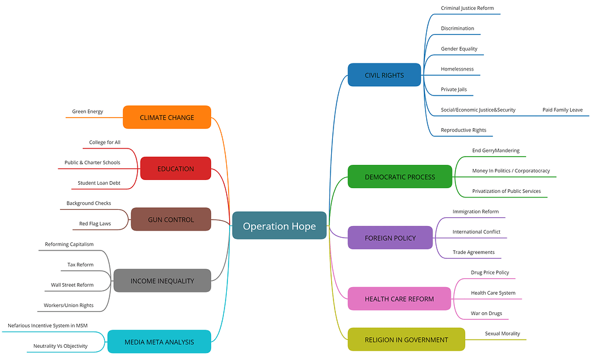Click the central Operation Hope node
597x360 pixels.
(279, 226)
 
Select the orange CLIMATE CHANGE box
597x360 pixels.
(167, 117)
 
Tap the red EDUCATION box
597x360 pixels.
(175, 168)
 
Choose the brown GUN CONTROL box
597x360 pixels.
(171, 220)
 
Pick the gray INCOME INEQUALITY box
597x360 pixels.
(162, 281)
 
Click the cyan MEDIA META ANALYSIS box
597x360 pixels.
(159, 342)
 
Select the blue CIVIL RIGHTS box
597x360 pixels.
(384, 75)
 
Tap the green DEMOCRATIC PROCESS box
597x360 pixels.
(399, 177)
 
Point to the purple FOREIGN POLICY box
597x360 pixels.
(390, 238)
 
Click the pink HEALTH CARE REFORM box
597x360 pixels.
(399, 299)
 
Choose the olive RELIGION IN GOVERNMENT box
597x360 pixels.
(406, 340)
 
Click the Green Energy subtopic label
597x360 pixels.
(87, 111)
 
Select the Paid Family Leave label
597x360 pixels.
(562, 110)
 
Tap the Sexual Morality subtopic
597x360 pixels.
(502, 334)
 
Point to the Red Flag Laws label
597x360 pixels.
(95, 224)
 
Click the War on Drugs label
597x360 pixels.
(486, 313)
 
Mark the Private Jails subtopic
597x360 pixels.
(454, 89)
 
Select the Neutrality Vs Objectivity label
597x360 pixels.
(60, 346)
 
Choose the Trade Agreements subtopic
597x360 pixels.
(473, 252)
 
